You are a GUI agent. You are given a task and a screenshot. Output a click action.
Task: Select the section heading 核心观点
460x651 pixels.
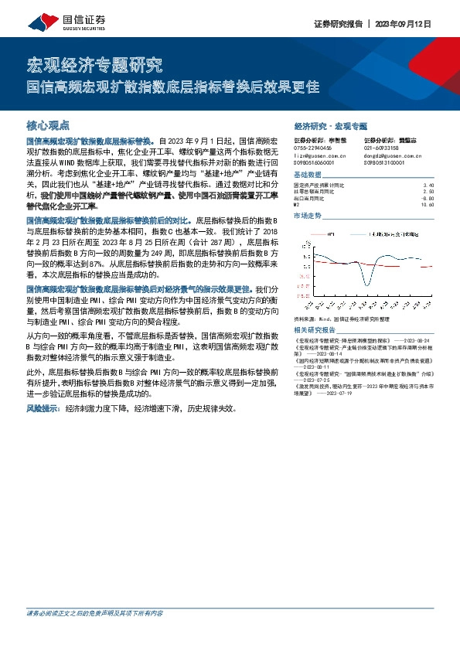click(x=48, y=124)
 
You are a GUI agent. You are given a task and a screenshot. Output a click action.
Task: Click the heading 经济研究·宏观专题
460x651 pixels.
click(x=330, y=125)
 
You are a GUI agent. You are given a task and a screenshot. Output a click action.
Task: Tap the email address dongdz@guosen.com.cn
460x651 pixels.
click(x=392, y=156)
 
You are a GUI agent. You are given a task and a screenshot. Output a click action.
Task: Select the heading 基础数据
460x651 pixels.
click(x=307, y=176)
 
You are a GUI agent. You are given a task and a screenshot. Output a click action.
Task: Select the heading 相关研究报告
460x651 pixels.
click(x=313, y=329)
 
